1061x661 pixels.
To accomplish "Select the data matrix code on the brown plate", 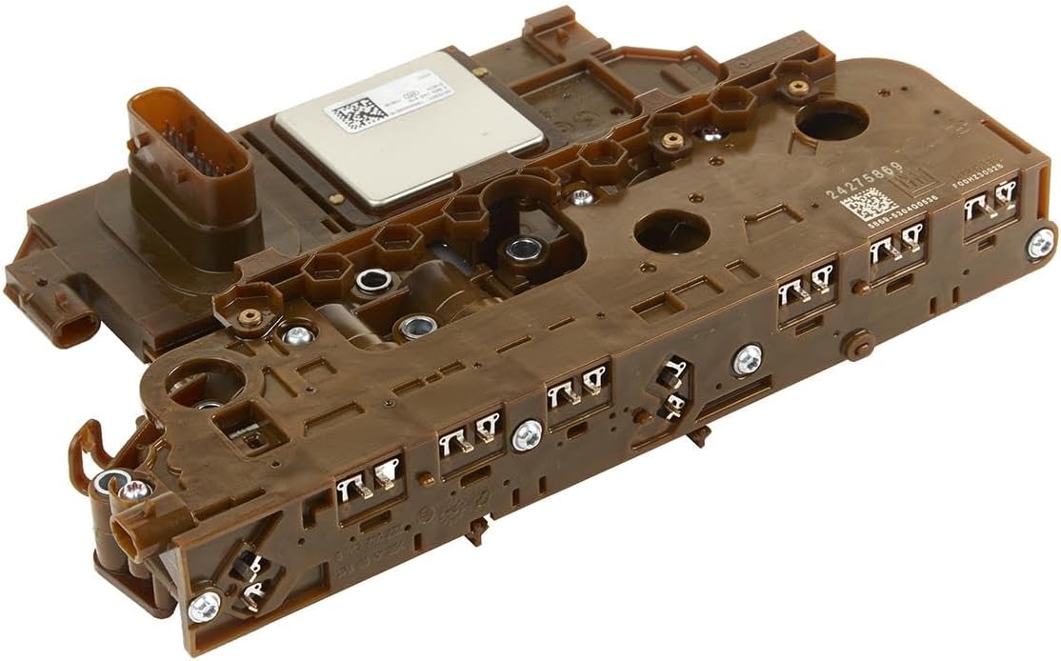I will click(x=870, y=205).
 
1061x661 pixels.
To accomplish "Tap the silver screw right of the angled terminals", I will click(x=748, y=359).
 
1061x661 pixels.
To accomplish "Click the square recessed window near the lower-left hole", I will click(x=250, y=426).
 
